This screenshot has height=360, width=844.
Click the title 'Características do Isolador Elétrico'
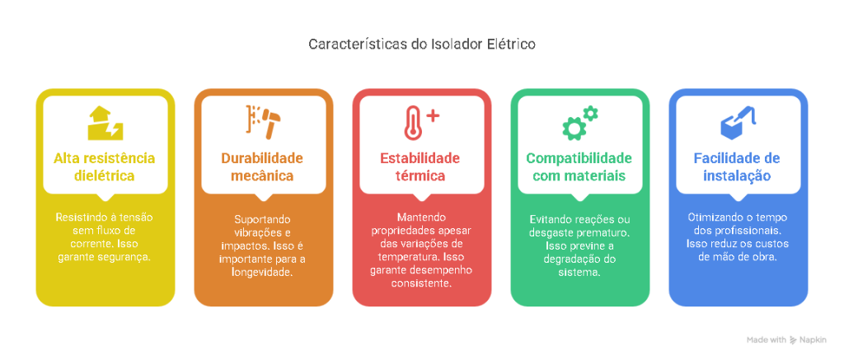coord(422,44)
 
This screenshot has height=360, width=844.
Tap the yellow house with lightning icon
coord(105,124)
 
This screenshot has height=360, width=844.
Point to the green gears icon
coord(580,124)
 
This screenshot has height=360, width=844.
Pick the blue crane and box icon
coord(738,122)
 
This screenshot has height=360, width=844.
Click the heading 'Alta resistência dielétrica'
coord(105,167)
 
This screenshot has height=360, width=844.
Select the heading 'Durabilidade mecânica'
coord(263,167)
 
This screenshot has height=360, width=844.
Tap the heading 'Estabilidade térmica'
coord(420,167)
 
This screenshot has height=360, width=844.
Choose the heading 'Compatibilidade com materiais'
coord(579,167)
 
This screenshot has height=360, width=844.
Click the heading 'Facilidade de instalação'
coord(737,167)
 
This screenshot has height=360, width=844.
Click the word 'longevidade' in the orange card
coord(263,273)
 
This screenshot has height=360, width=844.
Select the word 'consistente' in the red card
coord(421,282)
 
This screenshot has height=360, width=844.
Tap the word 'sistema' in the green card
coord(580,273)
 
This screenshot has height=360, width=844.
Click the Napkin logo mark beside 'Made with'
coord(794,340)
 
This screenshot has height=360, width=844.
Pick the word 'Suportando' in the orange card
coord(263,220)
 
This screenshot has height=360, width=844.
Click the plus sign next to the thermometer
coord(433,115)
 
